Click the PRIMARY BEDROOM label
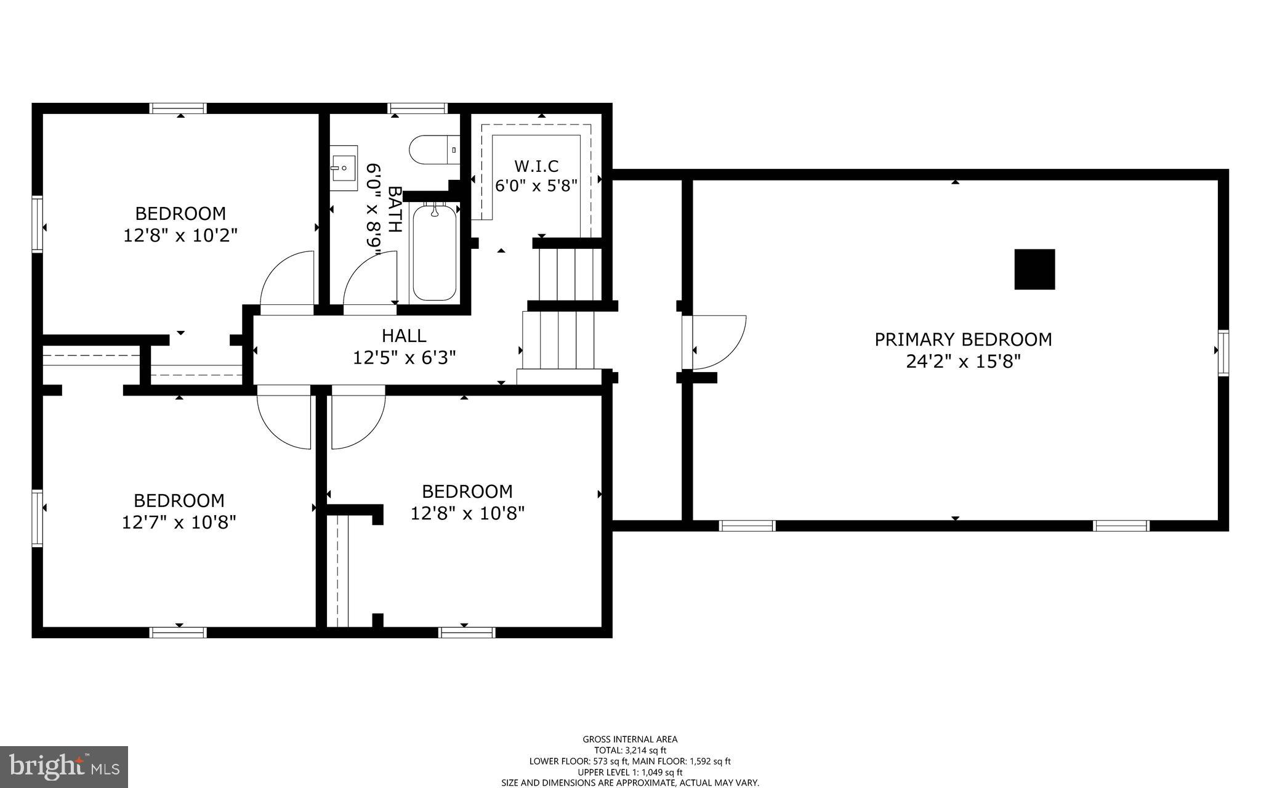(x=963, y=339)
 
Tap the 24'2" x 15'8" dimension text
(x=963, y=361)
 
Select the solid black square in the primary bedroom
(x=1034, y=269)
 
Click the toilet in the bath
(x=433, y=150)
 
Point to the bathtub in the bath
(x=434, y=253)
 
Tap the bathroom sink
(x=343, y=164)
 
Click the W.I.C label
(x=536, y=166)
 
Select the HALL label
(x=404, y=336)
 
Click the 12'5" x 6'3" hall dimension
(x=404, y=357)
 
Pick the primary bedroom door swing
(x=717, y=341)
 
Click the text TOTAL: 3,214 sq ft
(x=630, y=750)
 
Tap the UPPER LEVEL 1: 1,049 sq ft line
(x=630, y=772)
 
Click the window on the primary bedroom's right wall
(x=1223, y=352)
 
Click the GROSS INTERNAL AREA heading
(x=630, y=739)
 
